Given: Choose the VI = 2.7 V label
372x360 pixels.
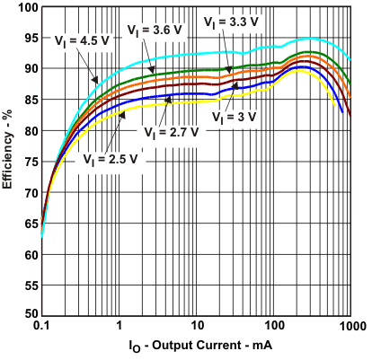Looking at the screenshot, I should [170, 130].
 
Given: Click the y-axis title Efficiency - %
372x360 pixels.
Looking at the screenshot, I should [8, 162].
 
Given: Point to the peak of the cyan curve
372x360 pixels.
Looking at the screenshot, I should [310, 39].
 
